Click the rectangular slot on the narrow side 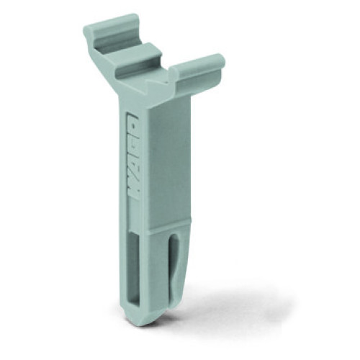pos(134,269)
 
